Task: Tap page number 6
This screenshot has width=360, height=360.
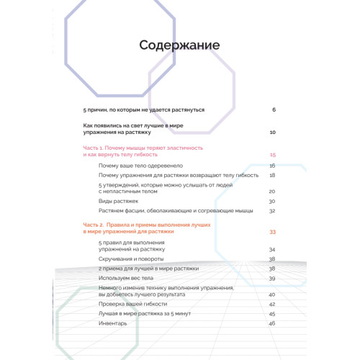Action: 274,109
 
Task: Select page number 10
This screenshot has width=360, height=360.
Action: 272,132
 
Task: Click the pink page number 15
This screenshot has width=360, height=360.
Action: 273,155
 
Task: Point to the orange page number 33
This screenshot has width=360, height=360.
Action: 272,232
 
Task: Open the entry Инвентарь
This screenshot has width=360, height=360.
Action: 113,323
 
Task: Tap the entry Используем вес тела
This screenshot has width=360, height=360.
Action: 126,278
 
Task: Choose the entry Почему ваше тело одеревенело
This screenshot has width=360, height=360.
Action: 136,166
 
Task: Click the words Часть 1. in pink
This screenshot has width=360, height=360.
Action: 94,148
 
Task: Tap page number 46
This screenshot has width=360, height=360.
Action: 272,323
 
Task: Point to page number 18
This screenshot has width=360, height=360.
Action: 272,175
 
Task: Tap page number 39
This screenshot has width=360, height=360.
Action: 272,278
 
